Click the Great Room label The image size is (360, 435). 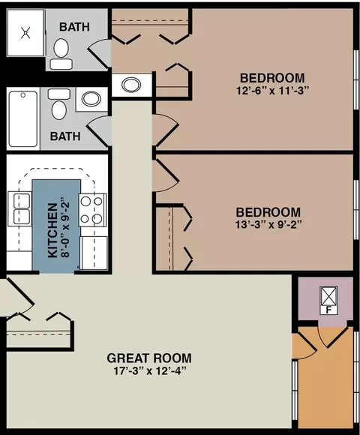[x=149, y=358]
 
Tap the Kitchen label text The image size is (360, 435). [x=52, y=230]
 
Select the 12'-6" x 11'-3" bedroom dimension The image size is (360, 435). [x=272, y=91]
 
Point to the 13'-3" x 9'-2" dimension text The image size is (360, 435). [x=268, y=224]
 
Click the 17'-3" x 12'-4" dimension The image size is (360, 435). [x=149, y=371]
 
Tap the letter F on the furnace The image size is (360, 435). [x=329, y=310]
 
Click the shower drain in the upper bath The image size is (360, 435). [x=25, y=33]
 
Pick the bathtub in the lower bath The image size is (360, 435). [x=23, y=118]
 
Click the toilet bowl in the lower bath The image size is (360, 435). [x=59, y=109]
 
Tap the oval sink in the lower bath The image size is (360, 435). [x=91, y=99]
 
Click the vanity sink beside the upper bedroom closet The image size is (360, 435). [x=131, y=85]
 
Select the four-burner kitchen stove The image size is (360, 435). [x=93, y=210]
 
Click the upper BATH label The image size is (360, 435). [x=74, y=27]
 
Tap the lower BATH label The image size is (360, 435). [x=65, y=136]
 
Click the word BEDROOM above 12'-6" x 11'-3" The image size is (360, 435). [x=272, y=78]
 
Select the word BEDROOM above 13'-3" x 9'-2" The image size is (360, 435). [x=268, y=212]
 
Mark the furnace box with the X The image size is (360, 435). [x=329, y=300]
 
